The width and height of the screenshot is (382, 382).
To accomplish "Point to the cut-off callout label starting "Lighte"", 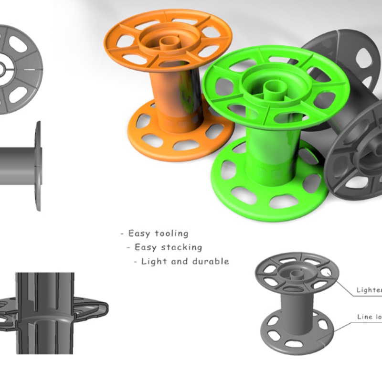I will [x=369, y=290].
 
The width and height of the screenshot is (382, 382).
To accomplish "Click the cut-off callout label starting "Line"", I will [x=369, y=317].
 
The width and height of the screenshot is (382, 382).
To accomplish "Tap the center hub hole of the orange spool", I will [x=167, y=42].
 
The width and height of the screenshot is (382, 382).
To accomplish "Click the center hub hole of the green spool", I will [x=272, y=86].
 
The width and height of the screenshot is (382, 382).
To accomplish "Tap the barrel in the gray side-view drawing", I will [x=17, y=165].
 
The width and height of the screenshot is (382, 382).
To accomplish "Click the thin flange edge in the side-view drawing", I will [x=38, y=165].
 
